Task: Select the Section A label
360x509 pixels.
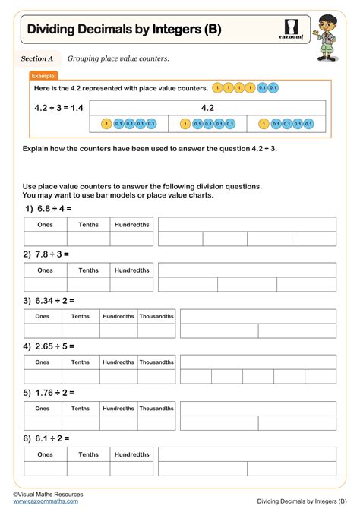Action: (37, 58)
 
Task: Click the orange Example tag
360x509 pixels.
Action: (44, 76)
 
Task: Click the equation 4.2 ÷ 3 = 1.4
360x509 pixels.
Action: (58, 107)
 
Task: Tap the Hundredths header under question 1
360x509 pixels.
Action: (131, 225)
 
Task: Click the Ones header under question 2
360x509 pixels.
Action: (46, 270)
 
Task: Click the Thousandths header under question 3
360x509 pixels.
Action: (156, 316)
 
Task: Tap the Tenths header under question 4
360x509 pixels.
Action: (81, 362)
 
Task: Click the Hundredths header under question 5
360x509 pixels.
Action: (118, 409)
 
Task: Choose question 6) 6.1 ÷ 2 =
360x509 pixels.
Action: (46, 438)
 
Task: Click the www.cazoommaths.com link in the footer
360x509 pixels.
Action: (45, 501)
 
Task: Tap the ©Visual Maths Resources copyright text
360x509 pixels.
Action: (48, 494)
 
